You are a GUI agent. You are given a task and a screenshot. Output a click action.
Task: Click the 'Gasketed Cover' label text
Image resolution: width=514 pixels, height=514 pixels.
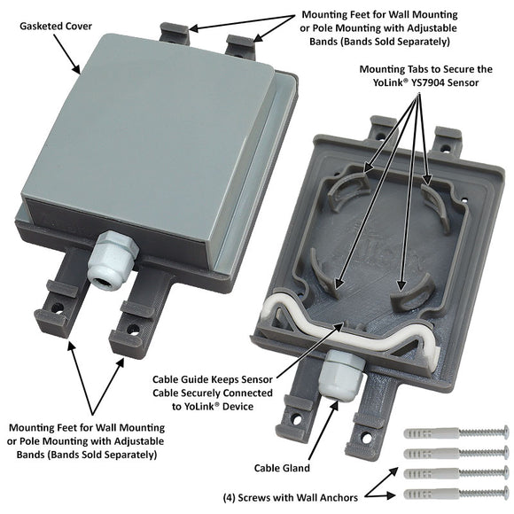coord(54,27)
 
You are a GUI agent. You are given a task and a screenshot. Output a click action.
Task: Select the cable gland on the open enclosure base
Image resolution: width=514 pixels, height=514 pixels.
coord(340,370)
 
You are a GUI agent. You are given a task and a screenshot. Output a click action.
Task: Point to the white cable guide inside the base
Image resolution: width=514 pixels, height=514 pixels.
coord(354,323)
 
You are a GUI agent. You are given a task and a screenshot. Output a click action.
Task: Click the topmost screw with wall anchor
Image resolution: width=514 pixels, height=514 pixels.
coord(456,434)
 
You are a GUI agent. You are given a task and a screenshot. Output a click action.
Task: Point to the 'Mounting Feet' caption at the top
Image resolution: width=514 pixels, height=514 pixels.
coord(380,28)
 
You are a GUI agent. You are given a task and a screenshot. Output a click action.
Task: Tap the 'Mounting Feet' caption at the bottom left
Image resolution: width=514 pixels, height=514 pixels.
coord(82,440)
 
